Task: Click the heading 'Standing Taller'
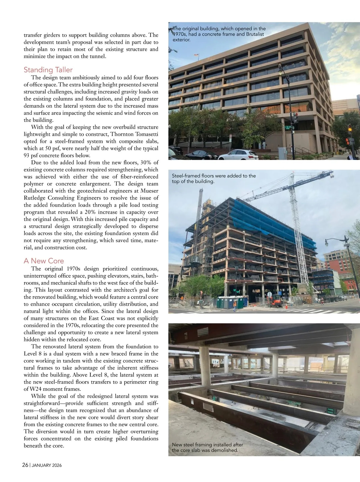point(48,70)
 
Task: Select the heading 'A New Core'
point(44,261)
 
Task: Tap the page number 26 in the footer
point(25,465)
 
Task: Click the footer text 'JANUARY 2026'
point(46,465)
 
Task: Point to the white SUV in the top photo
point(238,155)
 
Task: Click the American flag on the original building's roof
point(196,55)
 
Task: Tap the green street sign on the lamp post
point(289,127)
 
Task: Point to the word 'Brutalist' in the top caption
point(255,34)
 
